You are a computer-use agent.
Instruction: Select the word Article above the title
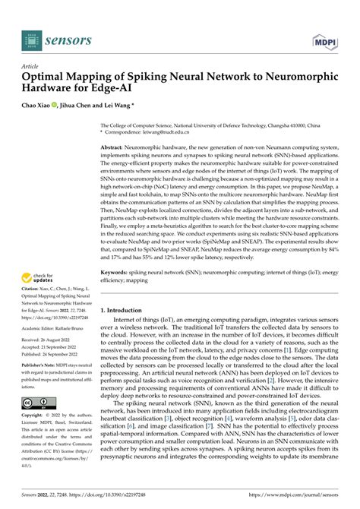click(x=33, y=67)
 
